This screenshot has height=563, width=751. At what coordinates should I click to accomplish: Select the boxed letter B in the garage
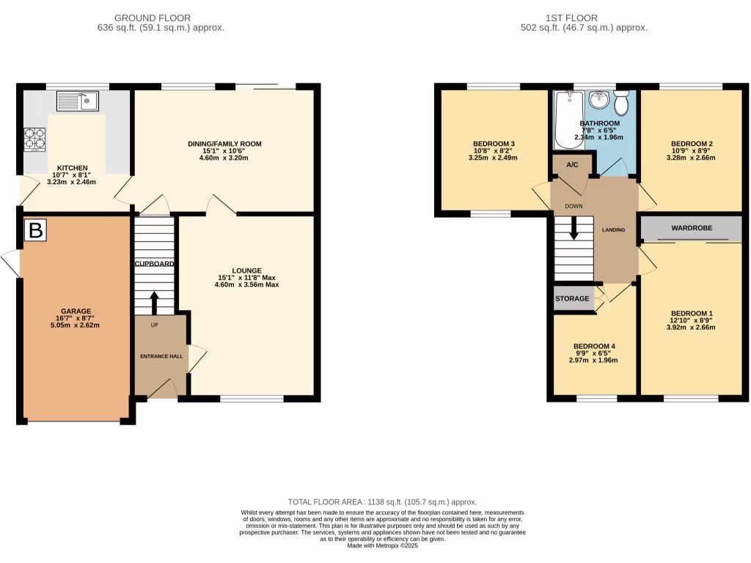pyautogui.click(x=34, y=231)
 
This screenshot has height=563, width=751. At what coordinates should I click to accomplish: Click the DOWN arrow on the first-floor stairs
pyautogui.click(x=574, y=228)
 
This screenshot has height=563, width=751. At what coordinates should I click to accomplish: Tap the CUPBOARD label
pyautogui.click(x=154, y=263)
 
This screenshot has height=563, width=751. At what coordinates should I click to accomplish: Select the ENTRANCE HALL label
pyautogui.click(x=160, y=356)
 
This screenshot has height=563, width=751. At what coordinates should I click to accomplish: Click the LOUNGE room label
pyautogui.click(x=247, y=271)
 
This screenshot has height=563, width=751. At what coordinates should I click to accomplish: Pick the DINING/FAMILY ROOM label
pyautogui.click(x=224, y=144)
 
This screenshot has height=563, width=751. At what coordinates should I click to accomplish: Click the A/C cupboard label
pyautogui.click(x=573, y=165)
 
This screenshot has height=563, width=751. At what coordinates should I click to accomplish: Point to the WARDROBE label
pyautogui.click(x=692, y=228)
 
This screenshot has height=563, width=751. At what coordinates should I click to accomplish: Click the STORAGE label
pyautogui.click(x=572, y=299)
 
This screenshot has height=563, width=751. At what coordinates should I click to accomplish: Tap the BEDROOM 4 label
pyautogui.click(x=595, y=346)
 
